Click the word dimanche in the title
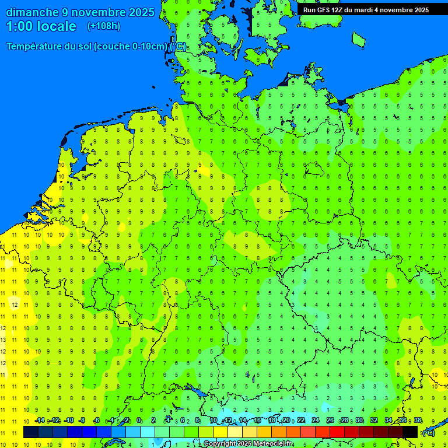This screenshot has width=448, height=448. (x=32, y=12)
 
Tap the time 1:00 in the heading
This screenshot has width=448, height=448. (x=20, y=26)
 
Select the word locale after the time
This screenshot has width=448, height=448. (x=57, y=26)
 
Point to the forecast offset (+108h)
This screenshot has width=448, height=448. (x=103, y=26)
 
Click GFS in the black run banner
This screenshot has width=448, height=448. (x=323, y=10)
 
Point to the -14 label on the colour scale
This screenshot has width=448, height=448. (x=40, y=421)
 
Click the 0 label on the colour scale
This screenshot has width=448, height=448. (x=139, y=421)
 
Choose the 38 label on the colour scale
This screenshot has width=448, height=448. (x=418, y=421)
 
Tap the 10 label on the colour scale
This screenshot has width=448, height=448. (x=213, y=421)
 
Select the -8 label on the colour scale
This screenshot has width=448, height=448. (x=82, y=421)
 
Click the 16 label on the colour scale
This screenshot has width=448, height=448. (x=257, y=421)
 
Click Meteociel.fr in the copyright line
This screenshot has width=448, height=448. (x=273, y=444)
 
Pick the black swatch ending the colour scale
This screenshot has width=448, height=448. (x=410, y=432)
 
